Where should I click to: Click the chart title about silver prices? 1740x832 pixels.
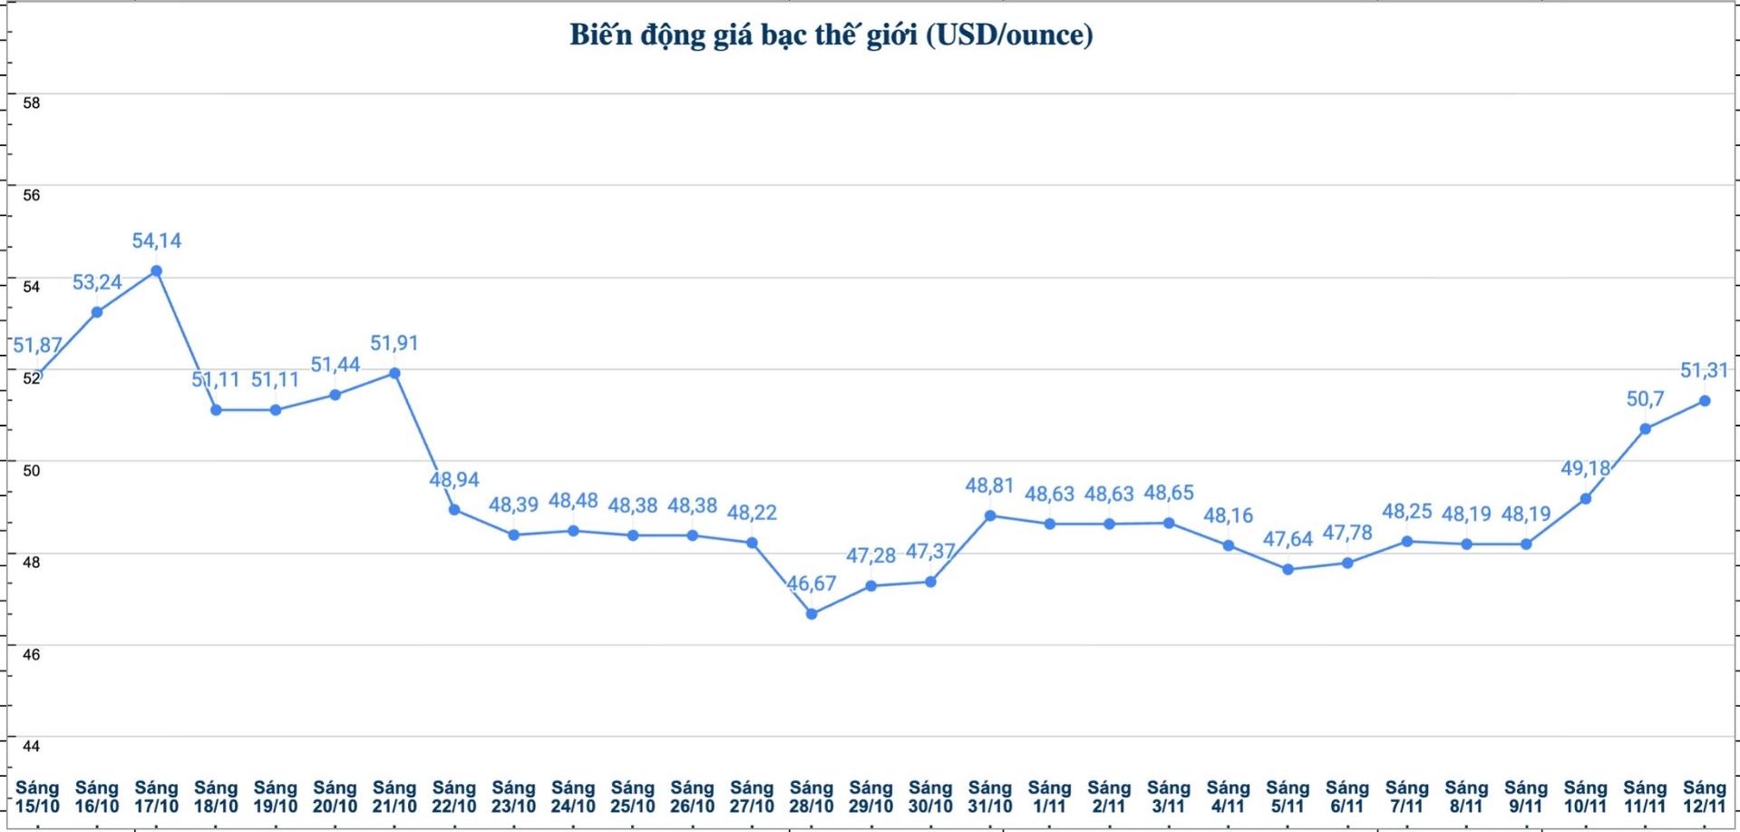[x=831, y=35]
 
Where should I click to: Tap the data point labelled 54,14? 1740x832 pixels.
[x=156, y=271]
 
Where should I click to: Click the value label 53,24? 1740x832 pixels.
[x=97, y=282]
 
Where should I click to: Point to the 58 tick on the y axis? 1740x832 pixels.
[x=32, y=103]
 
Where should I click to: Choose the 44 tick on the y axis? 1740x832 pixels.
[x=32, y=746]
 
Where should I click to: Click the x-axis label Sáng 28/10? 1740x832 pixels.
[x=811, y=797]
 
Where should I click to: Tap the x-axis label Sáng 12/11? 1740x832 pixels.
[x=1704, y=797]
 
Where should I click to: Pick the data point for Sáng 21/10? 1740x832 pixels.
[x=394, y=373]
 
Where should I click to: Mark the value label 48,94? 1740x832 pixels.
[x=454, y=479]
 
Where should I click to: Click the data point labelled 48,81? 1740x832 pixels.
[x=990, y=515]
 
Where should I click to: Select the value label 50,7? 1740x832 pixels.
[x=1645, y=399]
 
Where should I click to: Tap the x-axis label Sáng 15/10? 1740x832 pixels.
[x=37, y=797]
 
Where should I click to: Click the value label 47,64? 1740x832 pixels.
[x=1288, y=539]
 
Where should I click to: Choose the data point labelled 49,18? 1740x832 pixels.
[x=1585, y=499]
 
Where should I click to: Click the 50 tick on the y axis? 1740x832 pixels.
[x=32, y=470]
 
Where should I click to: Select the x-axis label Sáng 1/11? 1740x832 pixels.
[x=1049, y=797]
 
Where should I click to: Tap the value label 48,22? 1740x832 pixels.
[x=752, y=513]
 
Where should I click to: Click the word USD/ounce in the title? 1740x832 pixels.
[x=1009, y=35]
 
